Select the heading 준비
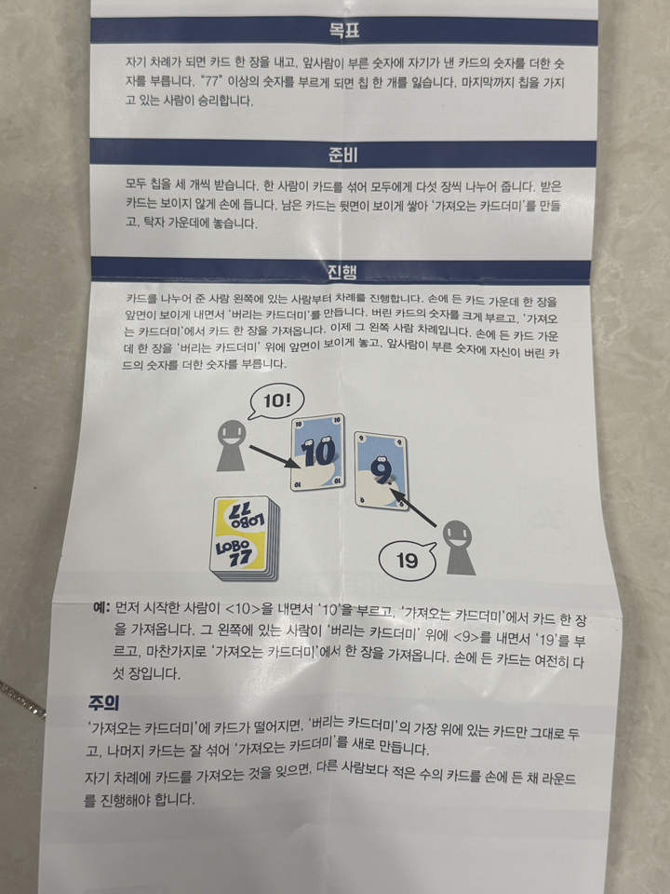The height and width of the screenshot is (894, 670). (x=344, y=153)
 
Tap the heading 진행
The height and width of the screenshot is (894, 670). (x=344, y=271)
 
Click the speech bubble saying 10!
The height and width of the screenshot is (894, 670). (x=277, y=402)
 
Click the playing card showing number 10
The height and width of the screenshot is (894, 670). (x=317, y=452)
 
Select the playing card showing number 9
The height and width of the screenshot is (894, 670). (x=382, y=470)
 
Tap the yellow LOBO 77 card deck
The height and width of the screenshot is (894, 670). (x=243, y=537)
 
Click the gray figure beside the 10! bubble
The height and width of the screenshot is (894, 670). (x=227, y=445)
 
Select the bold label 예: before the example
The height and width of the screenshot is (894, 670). (x=101, y=607)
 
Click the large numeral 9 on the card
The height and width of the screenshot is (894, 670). (x=381, y=467)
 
